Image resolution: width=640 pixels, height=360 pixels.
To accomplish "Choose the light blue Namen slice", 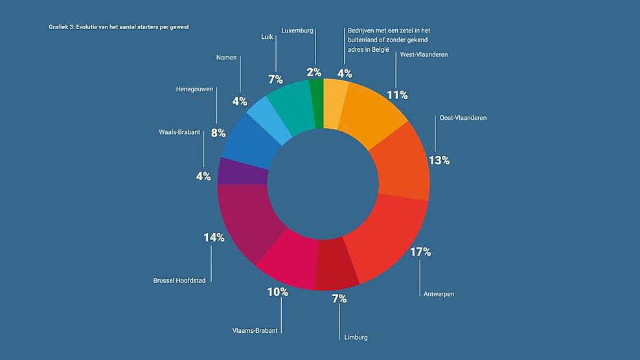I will click(x=263, y=120).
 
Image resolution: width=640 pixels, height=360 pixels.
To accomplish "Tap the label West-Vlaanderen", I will click(x=424, y=55).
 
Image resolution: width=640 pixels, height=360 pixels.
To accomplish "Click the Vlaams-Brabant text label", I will click(x=255, y=330).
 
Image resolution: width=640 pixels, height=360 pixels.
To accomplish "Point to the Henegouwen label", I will click(x=195, y=89).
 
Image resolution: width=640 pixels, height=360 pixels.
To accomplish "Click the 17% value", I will click(x=420, y=252).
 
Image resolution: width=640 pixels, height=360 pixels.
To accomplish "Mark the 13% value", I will click(x=439, y=160).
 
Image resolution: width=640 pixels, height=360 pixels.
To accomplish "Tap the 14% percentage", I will click(x=214, y=238).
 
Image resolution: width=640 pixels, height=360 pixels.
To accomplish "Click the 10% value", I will click(x=277, y=292).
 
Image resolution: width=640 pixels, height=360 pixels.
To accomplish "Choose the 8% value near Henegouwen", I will click(x=218, y=133).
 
